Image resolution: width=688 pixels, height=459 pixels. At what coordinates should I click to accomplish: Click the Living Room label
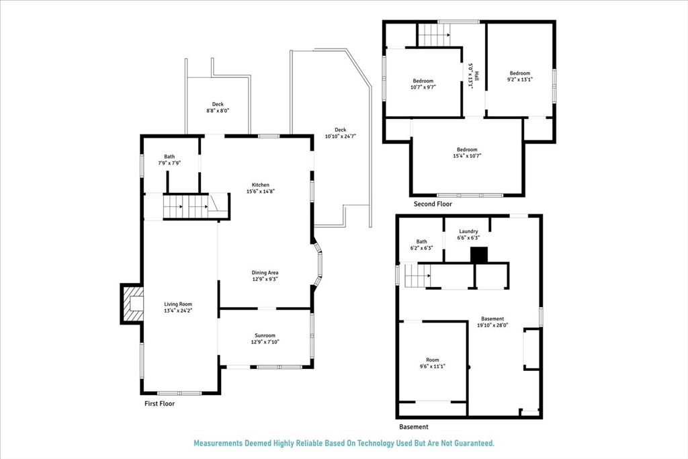[178, 307]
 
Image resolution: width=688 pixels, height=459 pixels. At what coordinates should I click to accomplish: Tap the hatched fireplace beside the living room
[133, 304]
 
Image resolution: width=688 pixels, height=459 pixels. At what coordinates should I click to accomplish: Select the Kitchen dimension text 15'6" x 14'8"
[260, 192]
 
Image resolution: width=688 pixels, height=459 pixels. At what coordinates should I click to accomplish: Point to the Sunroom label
[265, 339]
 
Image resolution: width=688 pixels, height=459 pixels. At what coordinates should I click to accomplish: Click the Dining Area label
[265, 276]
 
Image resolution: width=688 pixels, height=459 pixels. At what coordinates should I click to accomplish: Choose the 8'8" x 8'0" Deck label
[218, 108]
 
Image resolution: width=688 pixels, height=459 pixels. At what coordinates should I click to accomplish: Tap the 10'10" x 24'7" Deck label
[340, 133]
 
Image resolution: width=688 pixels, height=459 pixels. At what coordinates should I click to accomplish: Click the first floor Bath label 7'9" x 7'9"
[169, 160]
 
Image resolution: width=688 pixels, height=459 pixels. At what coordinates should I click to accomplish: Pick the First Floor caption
[160, 404]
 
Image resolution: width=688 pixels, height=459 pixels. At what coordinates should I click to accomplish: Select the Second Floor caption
[433, 204]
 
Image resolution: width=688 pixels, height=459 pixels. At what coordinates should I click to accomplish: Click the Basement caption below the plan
[414, 427]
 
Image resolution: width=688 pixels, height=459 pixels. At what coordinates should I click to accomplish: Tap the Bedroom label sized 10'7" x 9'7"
[423, 84]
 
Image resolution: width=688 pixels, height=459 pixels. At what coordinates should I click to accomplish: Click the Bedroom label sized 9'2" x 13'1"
[520, 77]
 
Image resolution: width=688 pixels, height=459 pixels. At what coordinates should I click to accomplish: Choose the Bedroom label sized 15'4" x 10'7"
[467, 153]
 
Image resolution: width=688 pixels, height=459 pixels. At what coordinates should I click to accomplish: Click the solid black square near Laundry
[479, 255]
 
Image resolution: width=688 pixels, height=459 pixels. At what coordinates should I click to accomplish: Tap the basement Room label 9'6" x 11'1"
[432, 363]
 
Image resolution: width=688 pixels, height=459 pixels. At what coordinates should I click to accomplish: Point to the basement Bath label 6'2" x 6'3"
[421, 245]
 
